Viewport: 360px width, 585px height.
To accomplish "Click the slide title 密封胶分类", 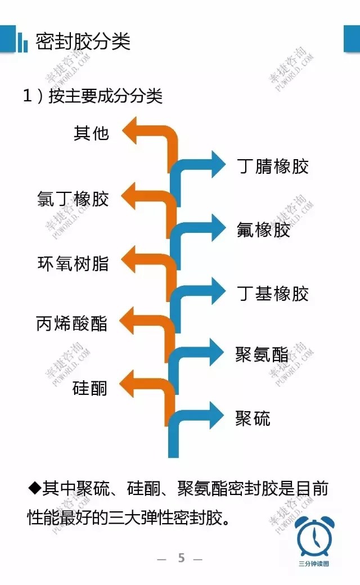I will [x=83, y=41].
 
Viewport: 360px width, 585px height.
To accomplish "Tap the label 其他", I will [x=91, y=133].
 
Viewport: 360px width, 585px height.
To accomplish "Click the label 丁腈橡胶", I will [x=273, y=166].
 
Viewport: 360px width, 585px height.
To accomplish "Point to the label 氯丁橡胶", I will [x=73, y=199].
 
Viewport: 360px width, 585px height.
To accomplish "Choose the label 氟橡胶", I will [x=263, y=230].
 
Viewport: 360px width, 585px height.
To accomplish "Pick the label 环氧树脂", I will [x=73, y=263].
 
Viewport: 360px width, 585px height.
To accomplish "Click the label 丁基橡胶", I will [x=273, y=294].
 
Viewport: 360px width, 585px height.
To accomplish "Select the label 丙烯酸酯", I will [x=71, y=324].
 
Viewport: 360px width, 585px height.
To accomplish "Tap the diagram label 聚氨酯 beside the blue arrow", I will [x=262, y=355].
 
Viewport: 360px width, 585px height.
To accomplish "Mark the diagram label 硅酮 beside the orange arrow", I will [x=90, y=388].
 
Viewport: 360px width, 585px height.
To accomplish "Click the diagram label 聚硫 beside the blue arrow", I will [x=253, y=418].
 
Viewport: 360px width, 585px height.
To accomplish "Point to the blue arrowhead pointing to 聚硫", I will [x=217, y=417].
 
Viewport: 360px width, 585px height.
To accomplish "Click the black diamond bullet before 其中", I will [x=34, y=487].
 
